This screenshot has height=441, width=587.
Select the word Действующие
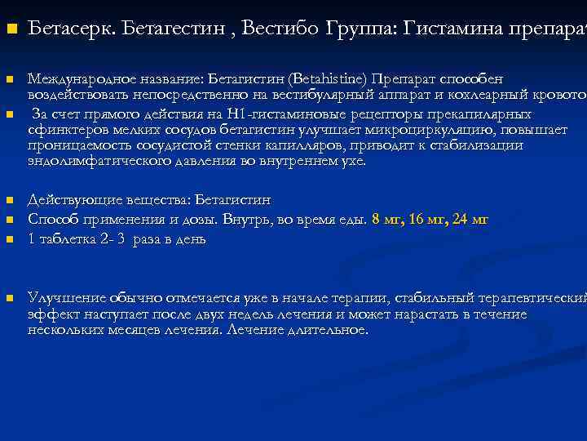(x=66, y=200)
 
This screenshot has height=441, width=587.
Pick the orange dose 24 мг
(x=474, y=220)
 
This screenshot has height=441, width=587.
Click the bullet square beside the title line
(x=11, y=29)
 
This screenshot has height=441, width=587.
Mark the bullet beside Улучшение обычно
(x=11, y=299)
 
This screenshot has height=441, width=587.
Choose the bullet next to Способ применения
(x=11, y=220)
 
